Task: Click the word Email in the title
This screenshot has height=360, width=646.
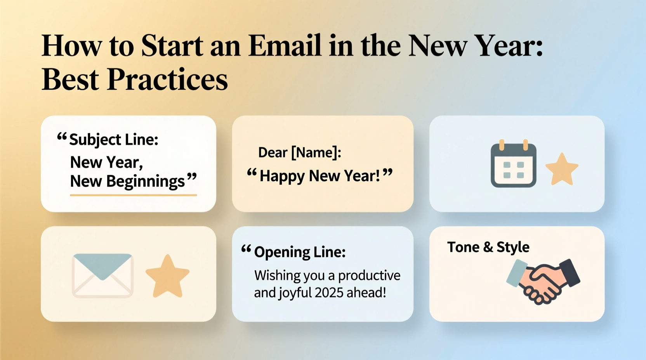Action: pyautogui.click(x=285, y=46)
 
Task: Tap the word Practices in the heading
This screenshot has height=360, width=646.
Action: pyautogui.click(x=167, y=80)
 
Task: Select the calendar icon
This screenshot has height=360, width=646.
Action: pyautogui.click(x=513, y=164)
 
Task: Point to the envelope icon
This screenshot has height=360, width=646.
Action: pyautogui.click(x=102, y=275)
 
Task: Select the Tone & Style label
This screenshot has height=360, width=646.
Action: pyautogui.click(x=488, y=247)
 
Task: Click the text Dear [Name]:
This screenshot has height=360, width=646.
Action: pyautogui.click(x=299, y=152)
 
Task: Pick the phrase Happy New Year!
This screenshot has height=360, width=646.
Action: pyautogui.click(x=320, y=176)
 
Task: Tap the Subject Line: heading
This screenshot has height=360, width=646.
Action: pyautogui.click(x=113, y=140)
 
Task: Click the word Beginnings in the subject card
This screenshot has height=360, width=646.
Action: pyautogui.click(x=146, y=181)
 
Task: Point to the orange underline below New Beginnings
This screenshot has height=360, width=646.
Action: pyautogui.click(x=133, y=195)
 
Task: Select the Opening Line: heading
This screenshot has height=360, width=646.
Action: pyautogui.click(x=299, y=252)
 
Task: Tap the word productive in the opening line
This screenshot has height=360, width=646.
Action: pyautogui.click(x=369, y=275)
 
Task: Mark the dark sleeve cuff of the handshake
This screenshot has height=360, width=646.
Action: pyautogui.click(x=570, y=272)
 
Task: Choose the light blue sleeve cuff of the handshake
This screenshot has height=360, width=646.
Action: pyautogui.click(x=517, y=273)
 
